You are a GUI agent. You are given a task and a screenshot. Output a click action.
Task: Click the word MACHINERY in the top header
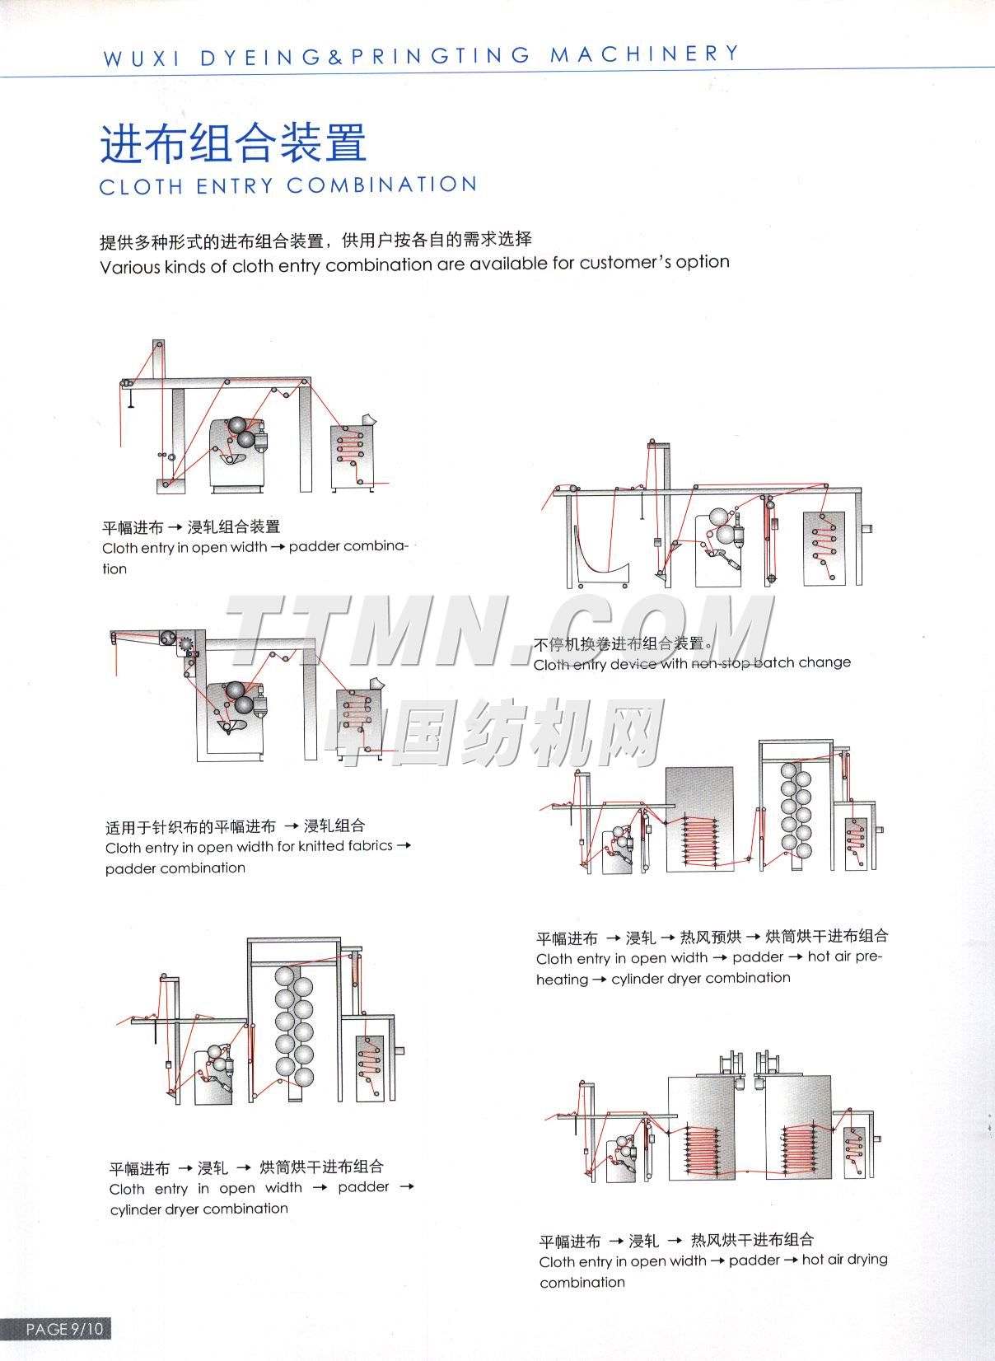(645, 54)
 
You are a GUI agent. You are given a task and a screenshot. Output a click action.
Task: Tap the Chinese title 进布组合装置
(233, 143)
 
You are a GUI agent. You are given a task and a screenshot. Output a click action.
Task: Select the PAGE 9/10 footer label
(65, 1329)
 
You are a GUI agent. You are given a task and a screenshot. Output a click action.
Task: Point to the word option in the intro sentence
(703, 262)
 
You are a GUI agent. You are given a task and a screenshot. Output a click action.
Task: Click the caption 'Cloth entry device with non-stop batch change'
(692, 663)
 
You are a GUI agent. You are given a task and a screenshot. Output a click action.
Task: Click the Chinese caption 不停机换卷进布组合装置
(619, 643)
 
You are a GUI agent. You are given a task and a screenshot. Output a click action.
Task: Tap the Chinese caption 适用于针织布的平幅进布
(190, 826)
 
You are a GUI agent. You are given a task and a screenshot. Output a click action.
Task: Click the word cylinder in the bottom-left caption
(136, 1209)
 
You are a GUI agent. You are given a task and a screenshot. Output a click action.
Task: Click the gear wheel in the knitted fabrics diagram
(187, 645)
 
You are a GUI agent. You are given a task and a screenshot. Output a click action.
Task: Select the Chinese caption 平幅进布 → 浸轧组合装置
(191, 527)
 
